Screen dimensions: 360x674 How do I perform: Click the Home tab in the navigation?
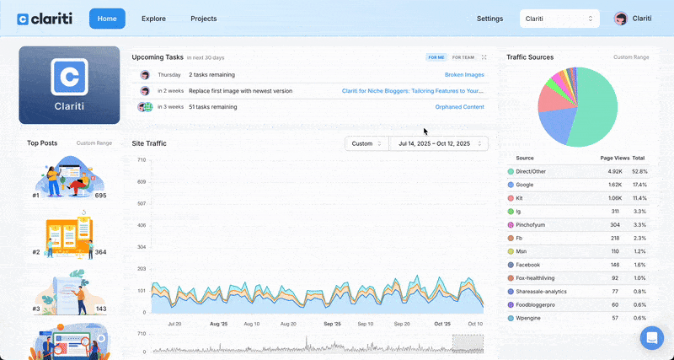pos(107,19)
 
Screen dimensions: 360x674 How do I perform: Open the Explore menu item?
pos(153,19)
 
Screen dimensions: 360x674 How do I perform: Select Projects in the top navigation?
pos(203,19)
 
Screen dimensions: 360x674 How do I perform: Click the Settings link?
pos(489,19)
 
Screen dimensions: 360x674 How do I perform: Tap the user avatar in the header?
pos(621,19)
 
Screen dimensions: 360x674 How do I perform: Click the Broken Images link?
pos(464,75)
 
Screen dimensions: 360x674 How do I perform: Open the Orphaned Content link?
pos(459,107)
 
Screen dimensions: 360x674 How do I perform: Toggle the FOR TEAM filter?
pos(463,57)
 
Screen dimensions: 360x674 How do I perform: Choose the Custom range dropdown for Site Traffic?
pos(367,143)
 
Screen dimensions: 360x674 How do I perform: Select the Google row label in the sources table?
pos(525,184)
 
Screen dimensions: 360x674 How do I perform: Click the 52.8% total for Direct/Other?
pos(639,171)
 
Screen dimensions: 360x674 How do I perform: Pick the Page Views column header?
pos(611,158)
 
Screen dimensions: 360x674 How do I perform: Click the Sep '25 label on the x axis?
pos(332,324)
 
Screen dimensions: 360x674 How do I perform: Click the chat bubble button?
pos(652,338)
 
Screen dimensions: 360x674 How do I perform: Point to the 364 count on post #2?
pos(100,252)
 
